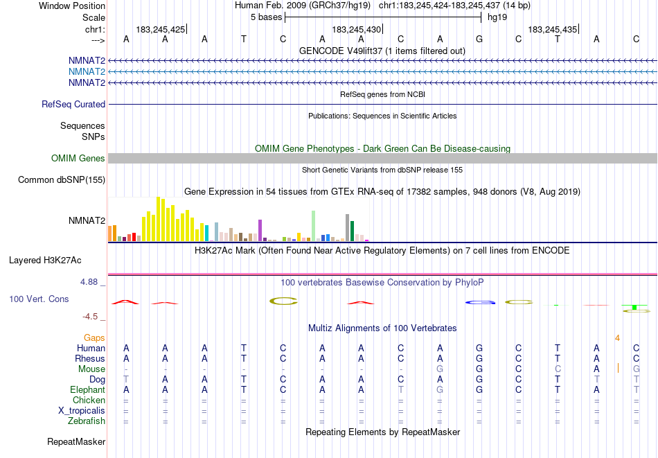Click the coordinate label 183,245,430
coord(356,30)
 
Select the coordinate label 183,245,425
coord(161,30)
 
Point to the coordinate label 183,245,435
coord(552,30)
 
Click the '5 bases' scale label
coord(266,17)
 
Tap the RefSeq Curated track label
coord(73,105)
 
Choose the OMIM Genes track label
coord(78,159)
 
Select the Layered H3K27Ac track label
coord(45,261)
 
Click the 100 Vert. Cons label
coord(39,299)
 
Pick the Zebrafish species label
coord(87,421)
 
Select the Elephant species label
coord(87,389)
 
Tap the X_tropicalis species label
coord(82,410)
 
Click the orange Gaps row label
coord(94,337)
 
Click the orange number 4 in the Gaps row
coord(617,337)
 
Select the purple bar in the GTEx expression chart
coord(260,229)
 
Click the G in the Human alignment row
coord(479,348)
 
